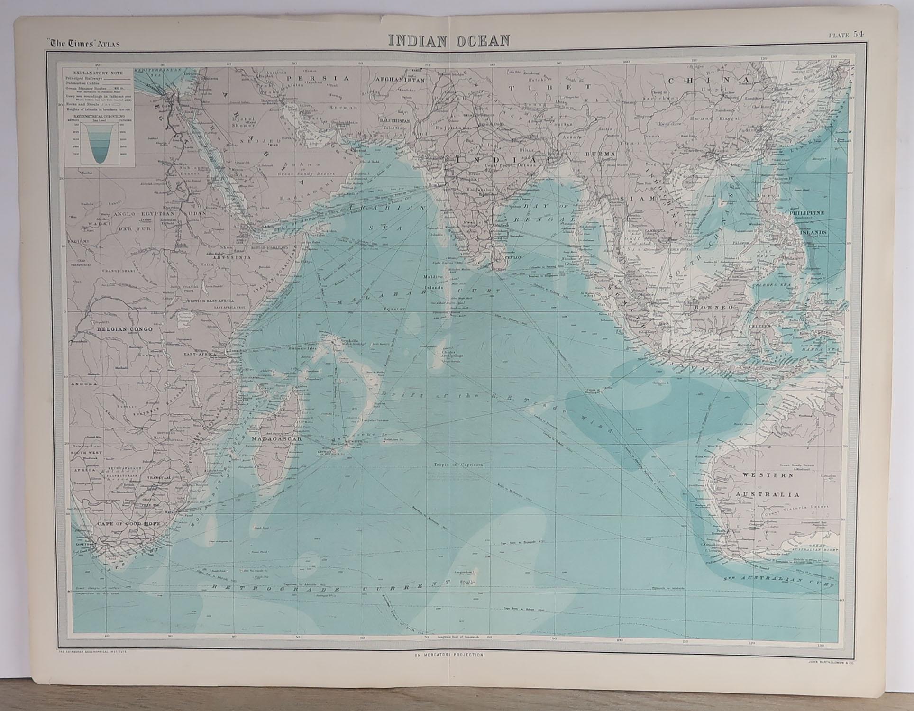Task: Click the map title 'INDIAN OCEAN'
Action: (449, 41)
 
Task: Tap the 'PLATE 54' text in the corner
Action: (846, 34)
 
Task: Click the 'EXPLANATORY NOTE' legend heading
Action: (94, 73)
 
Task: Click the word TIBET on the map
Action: (549, 88)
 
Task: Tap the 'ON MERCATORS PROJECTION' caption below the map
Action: (448, 655)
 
